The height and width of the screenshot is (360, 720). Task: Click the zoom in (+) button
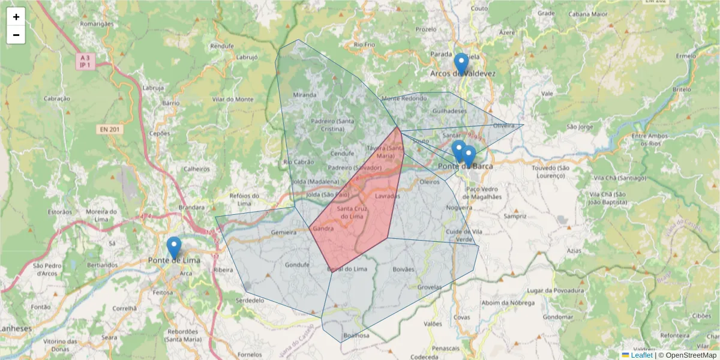16,17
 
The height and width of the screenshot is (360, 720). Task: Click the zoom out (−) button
16,35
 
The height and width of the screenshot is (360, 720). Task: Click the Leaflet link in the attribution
641,355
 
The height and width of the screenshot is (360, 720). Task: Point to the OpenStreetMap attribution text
691,355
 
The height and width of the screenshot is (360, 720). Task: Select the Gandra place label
323,229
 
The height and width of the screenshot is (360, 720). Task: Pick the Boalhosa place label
356,335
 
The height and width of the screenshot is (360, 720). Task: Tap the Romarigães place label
97,24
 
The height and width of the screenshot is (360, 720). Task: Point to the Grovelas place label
429,287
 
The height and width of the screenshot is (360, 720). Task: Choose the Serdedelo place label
250,299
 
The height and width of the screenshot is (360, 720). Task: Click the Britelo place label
682,89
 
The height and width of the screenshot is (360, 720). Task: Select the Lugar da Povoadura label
555,290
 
